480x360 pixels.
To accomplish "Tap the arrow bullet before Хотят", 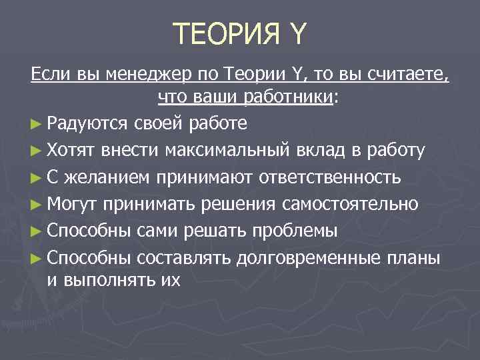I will point(37,151).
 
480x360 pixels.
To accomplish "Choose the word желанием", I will point(99,177).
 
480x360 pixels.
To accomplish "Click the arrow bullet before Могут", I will point(37,204).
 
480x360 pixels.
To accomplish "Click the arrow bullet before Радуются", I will point(37,123).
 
